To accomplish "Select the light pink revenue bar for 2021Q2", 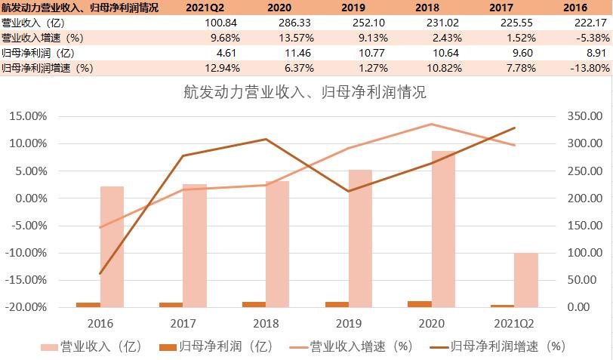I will pyautogui.click(x=526, y=280).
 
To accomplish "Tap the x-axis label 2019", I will pyautogui.click(x=349, y=324).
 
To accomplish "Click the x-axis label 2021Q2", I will pyautogui.click(x=518, y=324).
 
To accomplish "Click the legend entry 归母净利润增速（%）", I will pyautogui.click(x=507, y=346).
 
